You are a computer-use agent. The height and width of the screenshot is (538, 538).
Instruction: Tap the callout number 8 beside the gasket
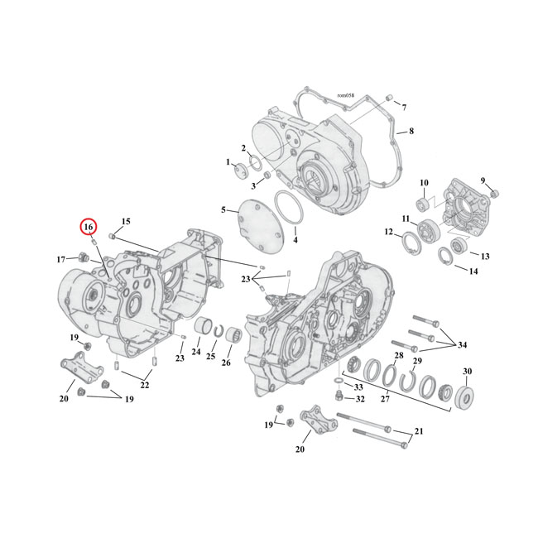(x=411, y=132)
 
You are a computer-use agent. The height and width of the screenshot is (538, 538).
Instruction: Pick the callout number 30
(x=468, y=370)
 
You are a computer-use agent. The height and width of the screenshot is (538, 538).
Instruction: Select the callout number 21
(x=418, y=432)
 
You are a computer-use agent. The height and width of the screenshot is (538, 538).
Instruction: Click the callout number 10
(x=423, y=183)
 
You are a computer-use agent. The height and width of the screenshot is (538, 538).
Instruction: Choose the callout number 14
(x=473, y=271)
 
